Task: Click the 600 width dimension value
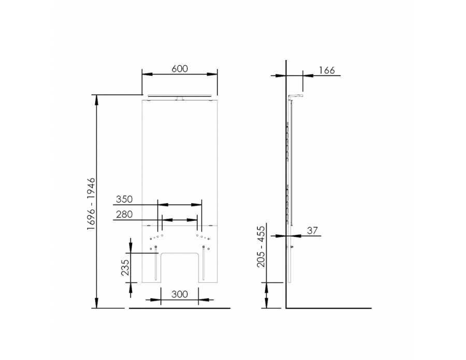[x=180, y=69]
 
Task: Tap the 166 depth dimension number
[x=327, y=70]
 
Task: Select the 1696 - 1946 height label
[x=91, y=204]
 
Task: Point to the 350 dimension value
[x=124, y=199]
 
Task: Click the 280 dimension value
[x=124, y=214]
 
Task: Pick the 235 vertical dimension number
[x=125, y=267]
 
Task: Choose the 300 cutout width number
[x=180, y=294]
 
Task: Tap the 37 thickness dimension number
[x=312, y=230]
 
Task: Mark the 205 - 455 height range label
[x=261, y=246]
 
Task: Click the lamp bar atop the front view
[x=180, y=96]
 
